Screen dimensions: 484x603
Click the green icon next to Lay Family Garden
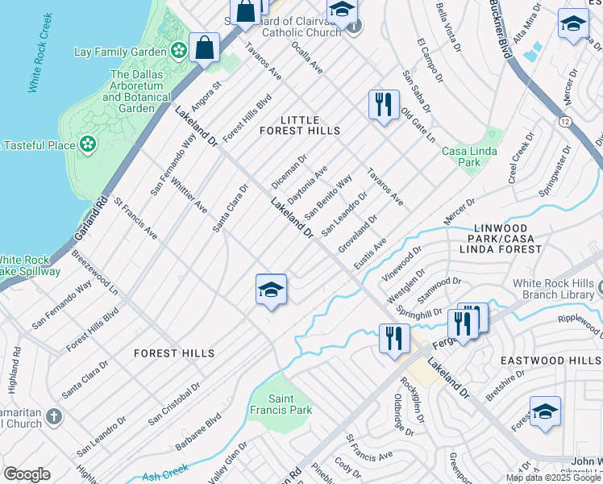[178, 52]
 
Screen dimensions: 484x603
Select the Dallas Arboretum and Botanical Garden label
[136, 91]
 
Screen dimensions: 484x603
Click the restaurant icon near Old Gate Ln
[384, 105]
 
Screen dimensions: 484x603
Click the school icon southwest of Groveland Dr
[272, 290]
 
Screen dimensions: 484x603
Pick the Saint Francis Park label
[290, 404]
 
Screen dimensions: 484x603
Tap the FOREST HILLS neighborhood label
[174, 353]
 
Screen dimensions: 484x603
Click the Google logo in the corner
[27, 474]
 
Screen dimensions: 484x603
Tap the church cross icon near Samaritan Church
[53, 417]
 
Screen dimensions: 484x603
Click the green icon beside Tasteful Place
[87, 145]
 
